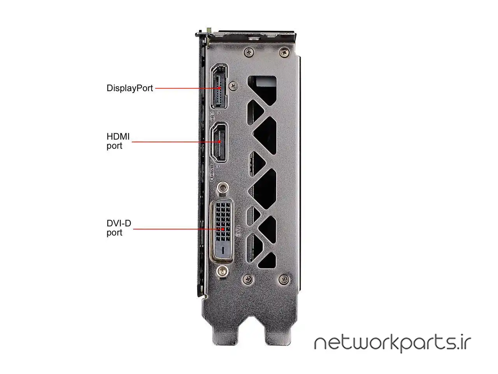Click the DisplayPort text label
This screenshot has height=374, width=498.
click(x=130, y=88)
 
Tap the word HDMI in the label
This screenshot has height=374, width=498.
click(x=118, y=136)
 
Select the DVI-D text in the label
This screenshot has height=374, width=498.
click(x=119, y=223)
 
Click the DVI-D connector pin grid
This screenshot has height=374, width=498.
click(x=223, y=222)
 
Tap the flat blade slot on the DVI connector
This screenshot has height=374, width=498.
click(x=223, y=250)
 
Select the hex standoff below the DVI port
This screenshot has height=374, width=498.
click(x=222, y=271)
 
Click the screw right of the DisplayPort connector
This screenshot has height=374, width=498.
click(x=233, y=86)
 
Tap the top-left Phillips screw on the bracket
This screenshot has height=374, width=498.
click(x=249, y=52)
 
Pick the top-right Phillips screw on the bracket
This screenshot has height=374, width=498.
click(x=284, y=53)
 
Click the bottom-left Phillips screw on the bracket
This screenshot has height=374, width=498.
click(x=249, y=279)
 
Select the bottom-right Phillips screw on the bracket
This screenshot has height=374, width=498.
click(x=284, y=279)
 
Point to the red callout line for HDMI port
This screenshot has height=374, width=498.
click(x=176, y=142)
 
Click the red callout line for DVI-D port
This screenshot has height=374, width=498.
click(x=179, y=229)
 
